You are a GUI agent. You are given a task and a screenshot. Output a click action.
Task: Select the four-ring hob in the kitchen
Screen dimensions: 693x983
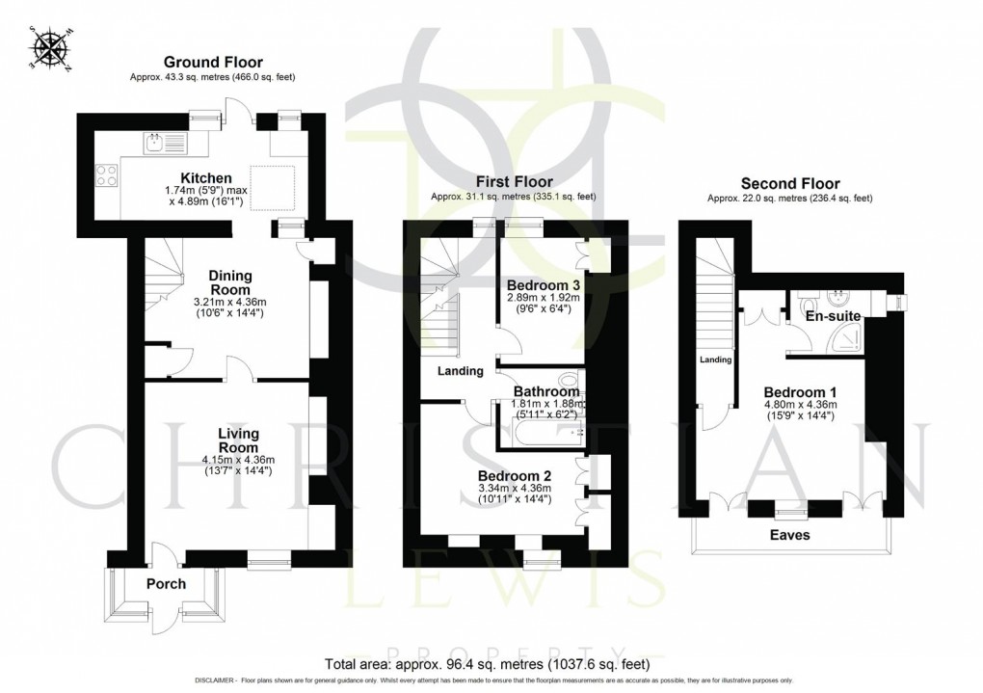(x=106, y=175)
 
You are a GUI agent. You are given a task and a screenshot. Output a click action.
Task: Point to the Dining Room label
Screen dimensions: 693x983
(x=230, y=282)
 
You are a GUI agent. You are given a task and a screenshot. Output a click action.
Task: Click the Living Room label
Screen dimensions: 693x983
(x=236, y=440)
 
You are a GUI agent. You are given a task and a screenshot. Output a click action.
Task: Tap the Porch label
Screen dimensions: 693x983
(x=165, y=584)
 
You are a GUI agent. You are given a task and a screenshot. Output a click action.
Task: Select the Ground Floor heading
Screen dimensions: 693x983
(x=199, y=63)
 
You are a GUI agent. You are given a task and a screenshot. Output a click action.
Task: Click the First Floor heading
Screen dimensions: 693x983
(x=512, y=181)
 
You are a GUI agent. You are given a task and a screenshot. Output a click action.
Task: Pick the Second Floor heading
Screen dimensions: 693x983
(x=789, y=183)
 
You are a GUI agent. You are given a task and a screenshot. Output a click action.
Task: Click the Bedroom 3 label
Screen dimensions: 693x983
(x=544, y=285)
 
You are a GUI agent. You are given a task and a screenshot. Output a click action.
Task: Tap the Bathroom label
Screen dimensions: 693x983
(x=545, y=391)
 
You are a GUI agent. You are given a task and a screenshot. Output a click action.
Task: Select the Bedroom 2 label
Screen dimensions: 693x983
(x=515, y=476)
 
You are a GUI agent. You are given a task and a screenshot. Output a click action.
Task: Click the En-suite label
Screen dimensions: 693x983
(x=833, y=315)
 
